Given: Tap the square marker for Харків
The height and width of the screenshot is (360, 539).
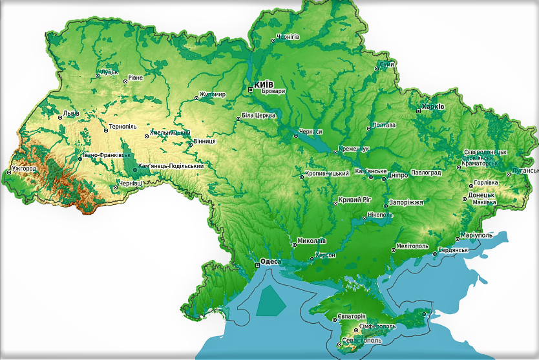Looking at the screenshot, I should point(418,111).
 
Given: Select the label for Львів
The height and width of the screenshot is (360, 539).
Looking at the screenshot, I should point(70,114).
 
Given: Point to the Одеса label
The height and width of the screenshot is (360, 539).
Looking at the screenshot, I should point(269,262).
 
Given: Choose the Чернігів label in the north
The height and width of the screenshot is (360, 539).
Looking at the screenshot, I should point(288,37).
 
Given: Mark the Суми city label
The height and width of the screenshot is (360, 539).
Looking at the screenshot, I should point(387,65).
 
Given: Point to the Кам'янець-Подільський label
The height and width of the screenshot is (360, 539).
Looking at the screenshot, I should point(171,166).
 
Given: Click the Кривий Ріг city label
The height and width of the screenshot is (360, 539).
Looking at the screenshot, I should point(355,201).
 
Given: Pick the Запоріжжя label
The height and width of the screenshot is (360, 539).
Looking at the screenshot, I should point(407,202).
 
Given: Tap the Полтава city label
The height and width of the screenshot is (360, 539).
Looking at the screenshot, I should point(385,125).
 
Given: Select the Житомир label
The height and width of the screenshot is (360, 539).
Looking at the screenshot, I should point(213,95).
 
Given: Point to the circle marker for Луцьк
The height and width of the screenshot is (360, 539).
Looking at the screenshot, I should point(98,76).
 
